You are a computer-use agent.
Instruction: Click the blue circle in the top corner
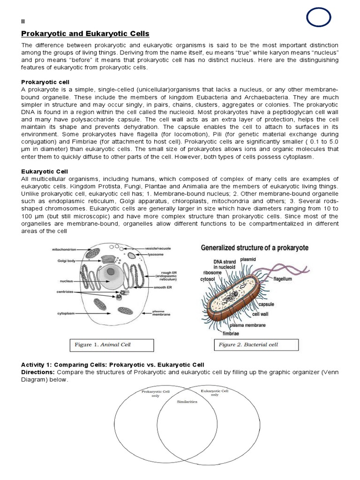click(319, 18)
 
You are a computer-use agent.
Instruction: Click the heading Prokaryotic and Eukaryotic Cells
click(85, 34)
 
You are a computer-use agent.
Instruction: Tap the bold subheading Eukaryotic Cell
click(43, 172)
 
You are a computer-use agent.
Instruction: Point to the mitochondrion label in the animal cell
click(63, 250)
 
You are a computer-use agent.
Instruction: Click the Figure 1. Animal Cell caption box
click(112, 345)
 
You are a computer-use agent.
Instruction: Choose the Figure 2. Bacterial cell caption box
click(257, 345)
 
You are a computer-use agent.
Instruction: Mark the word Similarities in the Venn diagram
click(187, 402)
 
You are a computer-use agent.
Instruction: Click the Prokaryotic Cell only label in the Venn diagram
click(156, 393)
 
